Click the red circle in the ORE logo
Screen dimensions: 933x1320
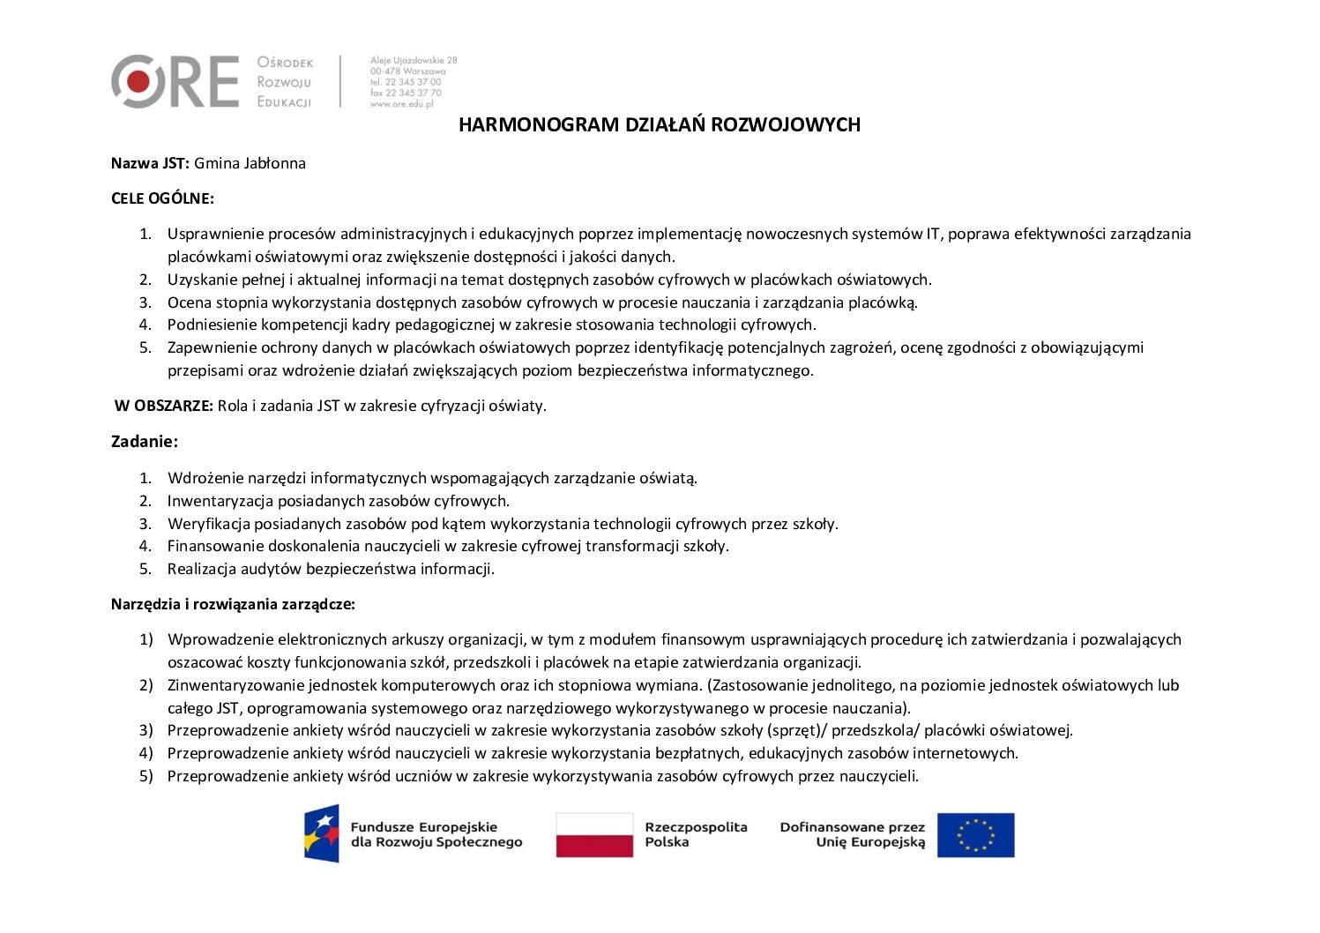(138, 82)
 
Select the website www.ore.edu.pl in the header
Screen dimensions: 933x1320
(402, 104)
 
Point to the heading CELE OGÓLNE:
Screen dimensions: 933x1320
(162, 198)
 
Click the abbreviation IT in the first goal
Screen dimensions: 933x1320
(932, 234)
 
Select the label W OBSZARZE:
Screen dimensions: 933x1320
(164, 406)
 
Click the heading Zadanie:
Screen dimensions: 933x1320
(145, 442)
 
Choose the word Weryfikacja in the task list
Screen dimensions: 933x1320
(208, 524)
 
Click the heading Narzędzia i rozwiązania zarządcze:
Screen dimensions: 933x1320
(233, 604)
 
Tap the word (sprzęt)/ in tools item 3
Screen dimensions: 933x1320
(797, 730)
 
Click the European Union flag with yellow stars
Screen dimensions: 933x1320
(975, 835)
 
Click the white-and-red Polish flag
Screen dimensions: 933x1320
(594, 835)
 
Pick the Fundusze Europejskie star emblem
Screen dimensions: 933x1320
(322, 833)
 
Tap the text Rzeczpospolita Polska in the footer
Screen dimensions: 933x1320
(696, 834)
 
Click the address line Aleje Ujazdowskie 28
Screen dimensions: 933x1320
(414, 61)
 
